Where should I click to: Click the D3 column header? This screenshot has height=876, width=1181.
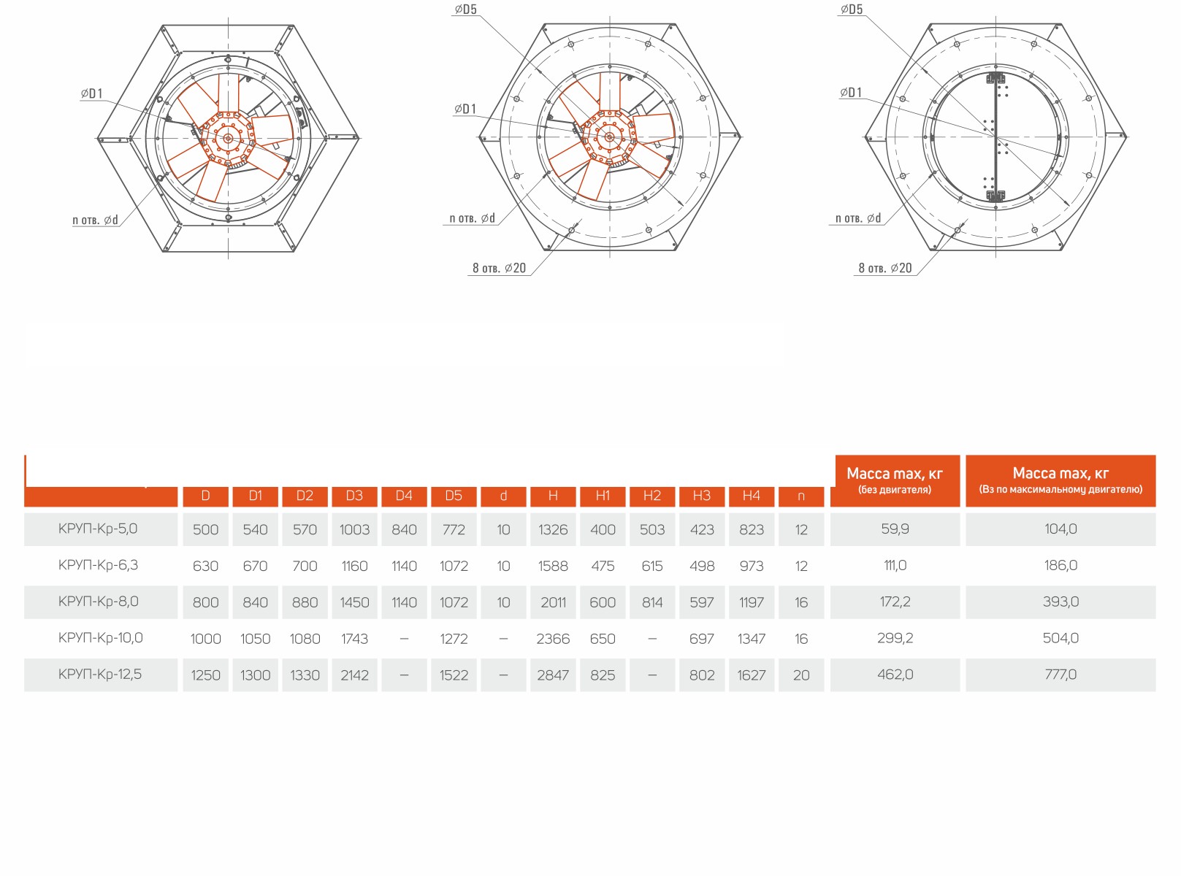[x=354, y=496]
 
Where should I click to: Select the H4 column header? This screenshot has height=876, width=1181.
[x=752, y=496]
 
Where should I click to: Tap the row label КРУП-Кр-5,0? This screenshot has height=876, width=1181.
[x=98, y=529]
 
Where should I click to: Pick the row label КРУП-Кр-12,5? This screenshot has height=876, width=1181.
[x=100, y=675]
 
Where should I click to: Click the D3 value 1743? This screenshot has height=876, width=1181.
[x=355, y=639]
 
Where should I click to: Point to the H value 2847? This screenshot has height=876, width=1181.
[x=553, y=675]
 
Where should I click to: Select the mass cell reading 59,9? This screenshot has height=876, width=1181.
[x=895, y=529]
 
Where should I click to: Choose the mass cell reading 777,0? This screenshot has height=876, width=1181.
[x=1060, y=675]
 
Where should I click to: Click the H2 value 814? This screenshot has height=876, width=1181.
[x=652, y=602]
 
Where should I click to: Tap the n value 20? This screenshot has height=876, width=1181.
[x=801, y=675]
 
